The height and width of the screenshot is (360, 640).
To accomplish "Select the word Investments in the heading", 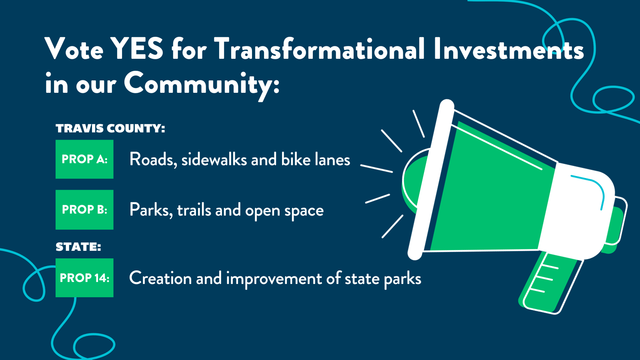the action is [x=509, y=48].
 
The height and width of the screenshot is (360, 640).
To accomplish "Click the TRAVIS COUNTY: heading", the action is [x=110, y=128].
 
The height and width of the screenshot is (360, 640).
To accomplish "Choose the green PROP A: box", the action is [x=84, y=159].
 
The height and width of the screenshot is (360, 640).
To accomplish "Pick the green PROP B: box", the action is [x=84, y=210].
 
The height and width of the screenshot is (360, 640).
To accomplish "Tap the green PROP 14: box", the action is [x=84, y=278].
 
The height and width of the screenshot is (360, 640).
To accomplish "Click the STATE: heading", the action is [x=78, y=247].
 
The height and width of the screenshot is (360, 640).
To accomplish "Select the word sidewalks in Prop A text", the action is [x=214, y=159].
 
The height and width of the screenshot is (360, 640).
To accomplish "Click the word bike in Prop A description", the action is [x=296, y=159].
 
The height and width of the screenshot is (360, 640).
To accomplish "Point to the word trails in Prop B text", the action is [x=194, y=210].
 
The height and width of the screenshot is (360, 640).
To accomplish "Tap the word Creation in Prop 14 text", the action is [x=160, y=278].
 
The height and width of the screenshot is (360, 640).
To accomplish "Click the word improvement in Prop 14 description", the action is [x=274, y=278].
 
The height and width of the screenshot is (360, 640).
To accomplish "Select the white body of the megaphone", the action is [x=576, y=212].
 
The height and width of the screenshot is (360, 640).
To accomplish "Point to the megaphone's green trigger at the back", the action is [x=613, y=228].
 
